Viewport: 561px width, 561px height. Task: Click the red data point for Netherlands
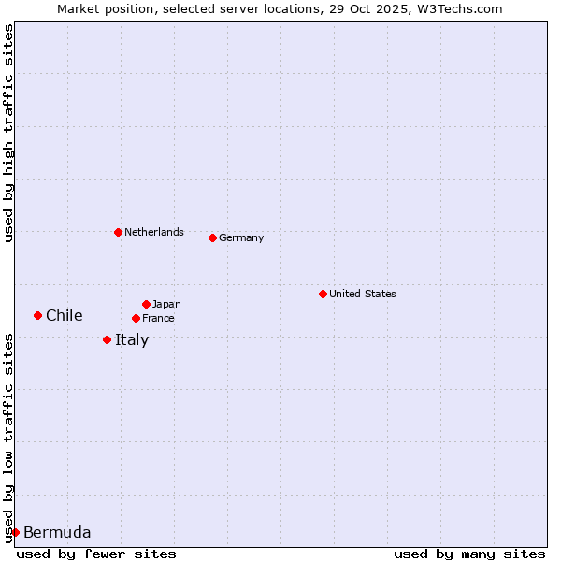[118, 232]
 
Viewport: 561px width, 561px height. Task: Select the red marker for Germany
[212, 237]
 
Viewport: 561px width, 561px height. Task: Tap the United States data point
[323, 294]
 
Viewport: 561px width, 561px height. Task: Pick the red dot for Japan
[146, 304]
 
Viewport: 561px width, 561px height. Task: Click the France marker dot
[136, 318]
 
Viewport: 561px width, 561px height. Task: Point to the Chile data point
[37, 315]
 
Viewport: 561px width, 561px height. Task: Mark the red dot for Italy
[107, 339]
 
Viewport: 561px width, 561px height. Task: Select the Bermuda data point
[15, 532]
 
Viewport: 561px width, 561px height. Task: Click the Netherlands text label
[154, 232]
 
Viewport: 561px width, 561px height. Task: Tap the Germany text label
[241, 237]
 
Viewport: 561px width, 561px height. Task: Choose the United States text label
[363, 294]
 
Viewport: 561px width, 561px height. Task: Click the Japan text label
[166, 304]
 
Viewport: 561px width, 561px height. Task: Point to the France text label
[158, 318]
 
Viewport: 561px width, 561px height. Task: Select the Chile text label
[65, 315]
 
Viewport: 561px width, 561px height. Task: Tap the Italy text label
[132, 339]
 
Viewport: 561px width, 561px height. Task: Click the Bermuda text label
[57, 532]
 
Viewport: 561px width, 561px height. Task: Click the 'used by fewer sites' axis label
[96, 554]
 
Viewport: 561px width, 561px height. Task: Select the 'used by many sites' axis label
[469, 554]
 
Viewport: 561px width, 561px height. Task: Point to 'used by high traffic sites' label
[8, 134]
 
